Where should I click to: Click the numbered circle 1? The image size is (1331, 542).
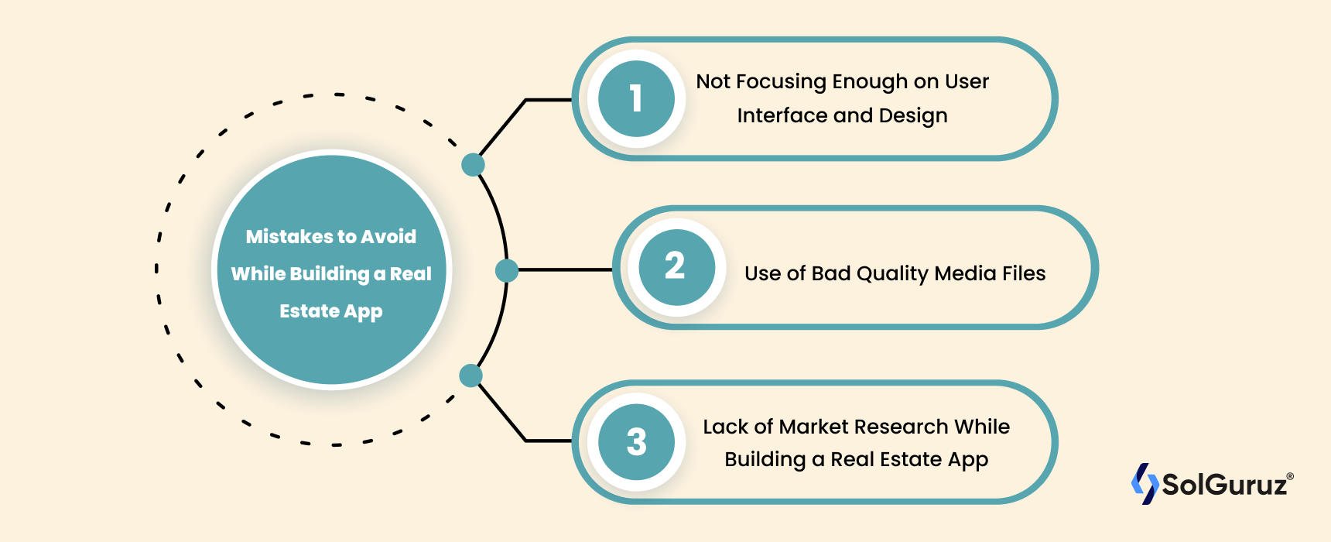tap(636, 98)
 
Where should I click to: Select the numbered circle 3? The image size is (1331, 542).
tap(636, 442)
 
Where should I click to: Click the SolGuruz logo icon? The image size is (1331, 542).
tap(1145, 484)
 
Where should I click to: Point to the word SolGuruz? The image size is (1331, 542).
tap(1224, 485)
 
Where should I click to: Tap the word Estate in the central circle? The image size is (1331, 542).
tap(310, 310)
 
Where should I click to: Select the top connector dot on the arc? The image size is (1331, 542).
tap(473, 164)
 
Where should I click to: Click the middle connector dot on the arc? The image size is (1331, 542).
tap(507, 270)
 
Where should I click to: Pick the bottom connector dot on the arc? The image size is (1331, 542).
tap(470, 376)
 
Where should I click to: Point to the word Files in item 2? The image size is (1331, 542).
tap(1024, 273)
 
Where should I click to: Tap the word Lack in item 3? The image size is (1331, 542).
tap(726, 427)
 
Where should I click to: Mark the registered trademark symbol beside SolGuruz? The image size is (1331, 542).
tap(1290, 476)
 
